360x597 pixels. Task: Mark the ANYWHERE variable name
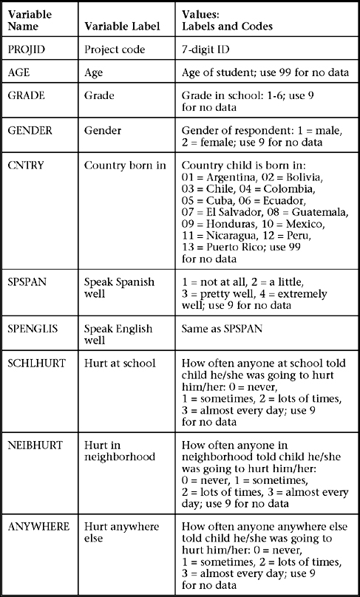(38, 526)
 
